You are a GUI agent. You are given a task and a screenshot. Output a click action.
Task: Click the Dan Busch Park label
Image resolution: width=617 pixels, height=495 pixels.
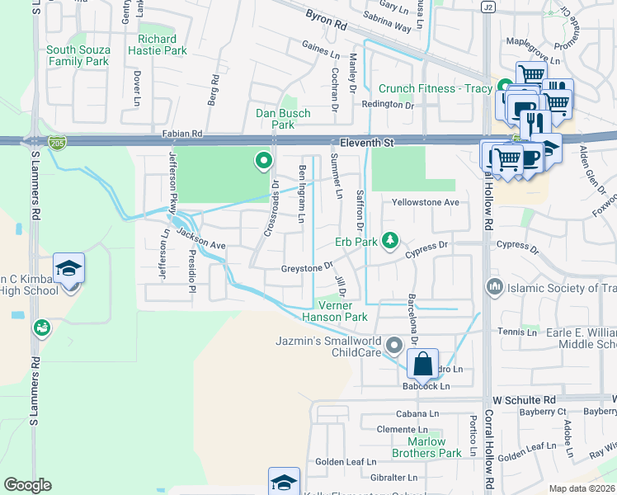pyautogui.click(x=283, y=119)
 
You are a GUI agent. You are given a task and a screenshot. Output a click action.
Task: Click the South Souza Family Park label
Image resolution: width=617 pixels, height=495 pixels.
pyautogui.click(x=78, y=55)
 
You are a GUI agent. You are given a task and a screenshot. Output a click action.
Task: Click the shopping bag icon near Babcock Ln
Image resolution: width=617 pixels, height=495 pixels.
pyautogui.click(x=422, y=363)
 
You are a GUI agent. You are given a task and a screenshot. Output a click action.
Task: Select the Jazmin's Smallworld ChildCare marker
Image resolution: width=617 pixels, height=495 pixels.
pyautogui.click(x=394, y=345)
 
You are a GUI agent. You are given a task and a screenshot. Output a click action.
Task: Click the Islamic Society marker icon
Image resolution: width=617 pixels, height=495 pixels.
pyautogui.click(x=495, y=288)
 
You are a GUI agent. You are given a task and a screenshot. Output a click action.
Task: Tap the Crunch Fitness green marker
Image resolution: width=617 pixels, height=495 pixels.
pyautogui.click(x=504, y=87)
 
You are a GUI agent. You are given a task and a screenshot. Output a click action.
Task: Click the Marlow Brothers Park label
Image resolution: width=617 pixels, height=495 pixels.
pyautogui.click(x=426, y=447)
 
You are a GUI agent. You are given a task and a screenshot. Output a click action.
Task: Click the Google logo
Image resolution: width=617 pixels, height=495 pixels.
pyautogui.click(x=27, y=485)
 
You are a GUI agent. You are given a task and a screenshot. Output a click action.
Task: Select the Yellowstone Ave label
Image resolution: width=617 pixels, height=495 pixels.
pyautogui.click(x=425, y=202)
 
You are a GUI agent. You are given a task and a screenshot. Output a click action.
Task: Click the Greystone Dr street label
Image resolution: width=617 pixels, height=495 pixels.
pyautogui.click(x=306, y=266)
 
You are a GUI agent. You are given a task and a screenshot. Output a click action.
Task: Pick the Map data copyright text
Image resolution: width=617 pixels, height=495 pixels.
pyautogui.click(x=582, y=488)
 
